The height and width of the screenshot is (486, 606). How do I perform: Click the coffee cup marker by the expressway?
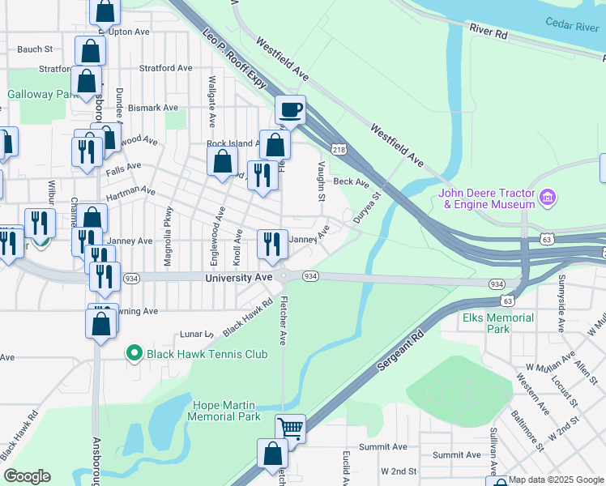(x=290, y=109)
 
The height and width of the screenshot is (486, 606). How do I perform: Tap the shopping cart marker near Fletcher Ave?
(x=290, y=428)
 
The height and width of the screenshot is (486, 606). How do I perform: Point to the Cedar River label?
(x=572, y=26)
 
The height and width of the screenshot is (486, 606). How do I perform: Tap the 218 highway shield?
(x=339, y=150)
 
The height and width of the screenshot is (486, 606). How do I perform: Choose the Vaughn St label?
(x=322, y=182)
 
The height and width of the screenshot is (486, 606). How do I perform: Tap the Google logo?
(x=27, y=476)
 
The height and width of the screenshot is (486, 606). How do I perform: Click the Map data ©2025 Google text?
(x=556, y=480)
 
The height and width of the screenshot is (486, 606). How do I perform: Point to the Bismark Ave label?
(x=153, y=107)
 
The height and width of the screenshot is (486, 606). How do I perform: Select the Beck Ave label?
(x=351, y=182)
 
